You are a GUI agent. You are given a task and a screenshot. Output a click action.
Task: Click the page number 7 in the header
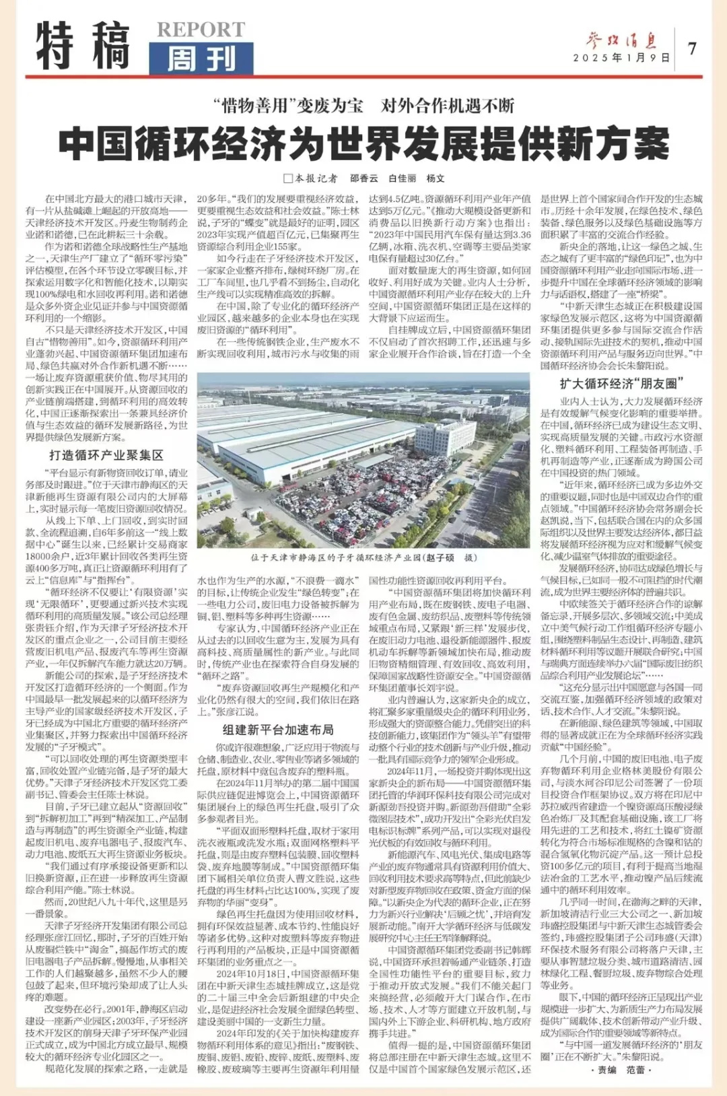click(x=692, y=48)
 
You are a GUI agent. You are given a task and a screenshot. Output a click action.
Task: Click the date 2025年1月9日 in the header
click(x=621, y=59)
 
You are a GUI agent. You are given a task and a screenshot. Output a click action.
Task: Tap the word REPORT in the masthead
click(x=201, y=30)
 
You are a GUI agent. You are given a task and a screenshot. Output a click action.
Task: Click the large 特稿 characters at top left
click(x=82, y=45)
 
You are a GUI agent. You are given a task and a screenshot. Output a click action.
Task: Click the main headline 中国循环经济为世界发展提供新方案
click(x=363, y=143)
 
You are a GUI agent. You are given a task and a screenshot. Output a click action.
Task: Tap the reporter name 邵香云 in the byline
click(x=364, y=178)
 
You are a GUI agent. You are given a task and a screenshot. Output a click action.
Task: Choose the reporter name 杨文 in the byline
click(x=436, y=178)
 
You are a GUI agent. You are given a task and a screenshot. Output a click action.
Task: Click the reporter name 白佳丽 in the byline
click(x=402, y=178)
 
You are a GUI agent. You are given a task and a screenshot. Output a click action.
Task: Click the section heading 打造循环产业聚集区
click(x=106, y=455)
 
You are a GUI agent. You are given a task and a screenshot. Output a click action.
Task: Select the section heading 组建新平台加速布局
click(x=278, y=729)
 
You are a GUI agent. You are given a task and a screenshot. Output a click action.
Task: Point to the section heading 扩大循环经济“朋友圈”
click(x=621, y=384)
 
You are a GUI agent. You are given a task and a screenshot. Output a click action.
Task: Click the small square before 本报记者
click(x=288, y=178)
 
